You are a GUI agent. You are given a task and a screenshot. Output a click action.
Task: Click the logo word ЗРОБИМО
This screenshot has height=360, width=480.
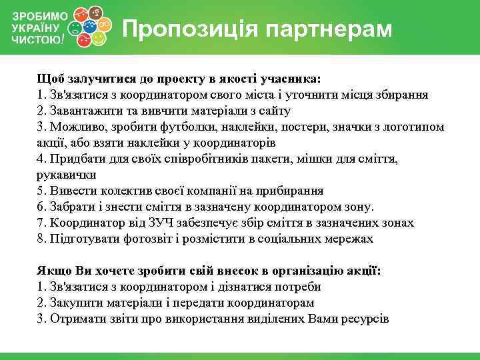pos(39,15)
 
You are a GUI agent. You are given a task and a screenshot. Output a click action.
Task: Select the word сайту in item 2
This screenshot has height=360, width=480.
pos(273,111)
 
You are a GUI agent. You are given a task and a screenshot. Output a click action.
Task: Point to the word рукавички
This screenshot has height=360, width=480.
pos(67,175)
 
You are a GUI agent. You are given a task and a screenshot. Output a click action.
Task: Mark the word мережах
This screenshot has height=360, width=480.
pos(349,239)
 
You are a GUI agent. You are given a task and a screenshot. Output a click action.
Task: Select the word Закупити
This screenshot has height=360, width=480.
pos(75,303)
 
